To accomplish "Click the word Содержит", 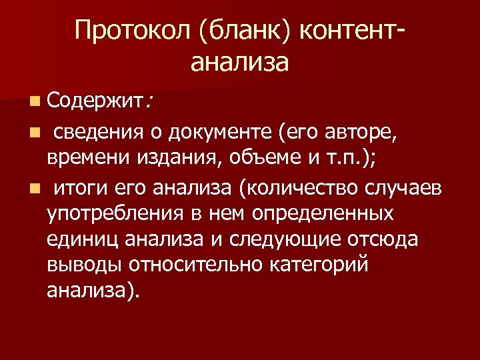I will coord(95,102).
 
